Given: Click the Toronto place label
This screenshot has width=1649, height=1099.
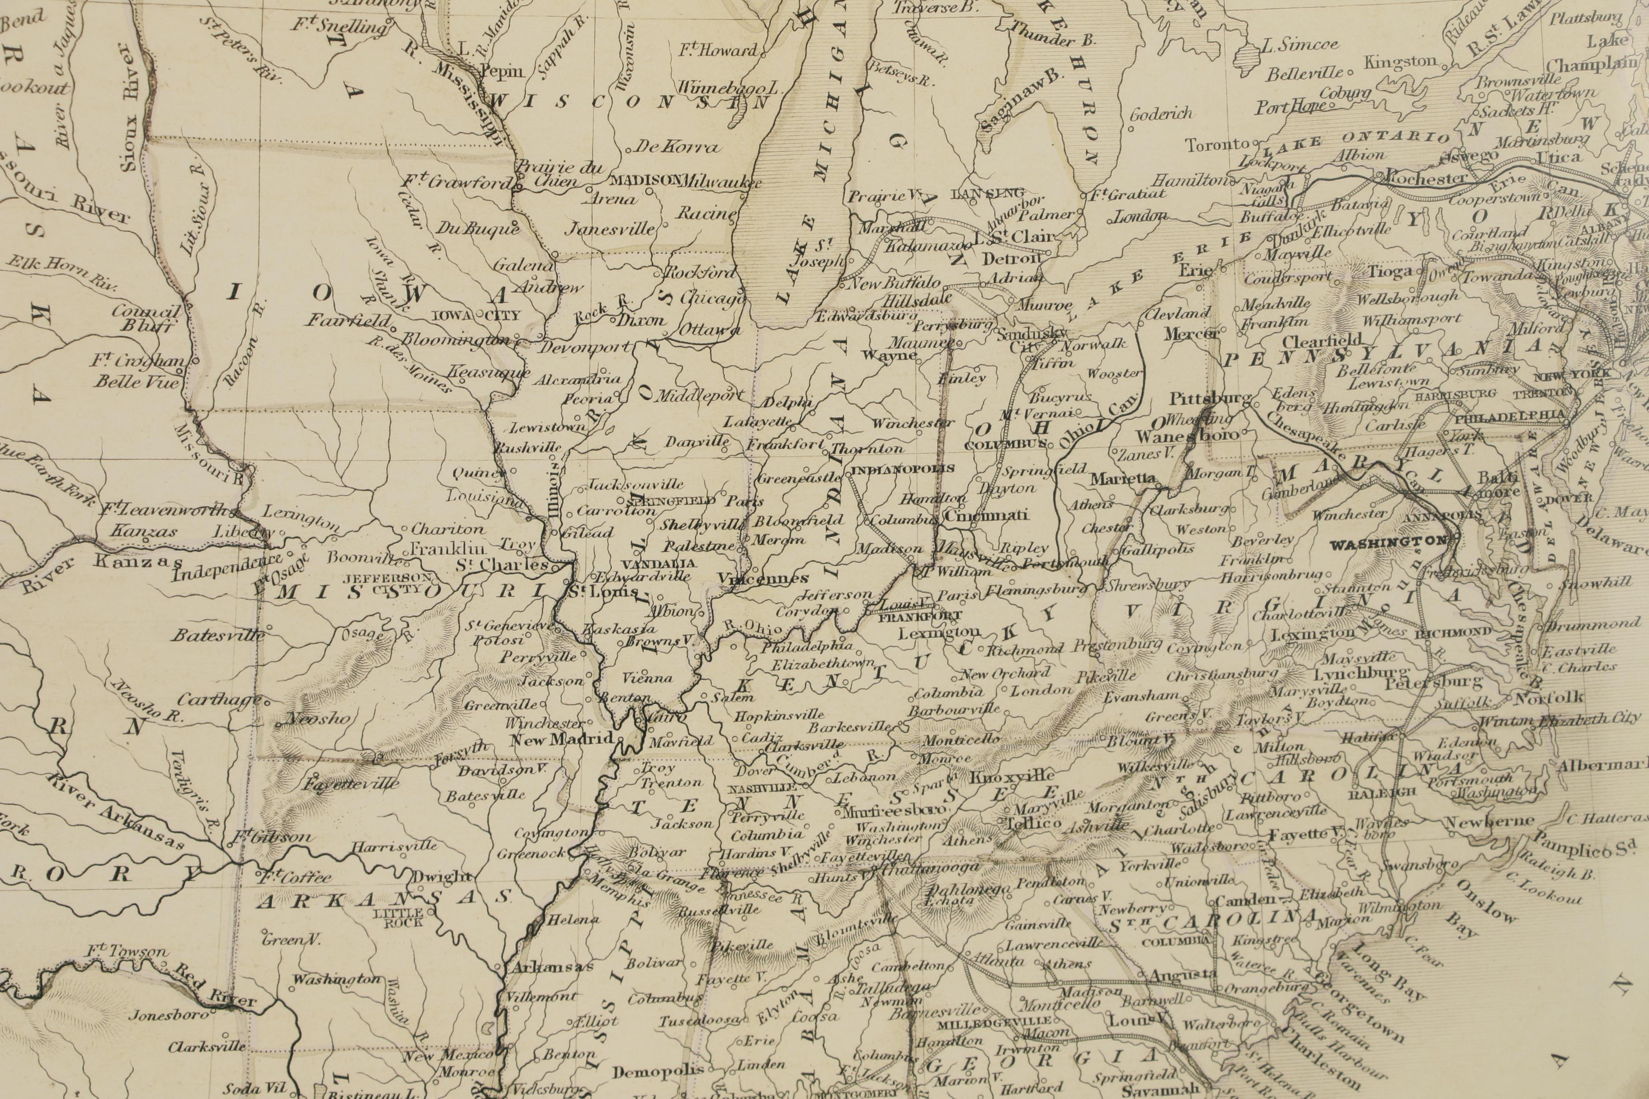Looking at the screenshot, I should click(1217, 145).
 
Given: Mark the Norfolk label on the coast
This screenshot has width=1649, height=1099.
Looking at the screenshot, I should click(1548, 697).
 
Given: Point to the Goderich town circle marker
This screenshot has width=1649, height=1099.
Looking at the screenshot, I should click(1131, 128).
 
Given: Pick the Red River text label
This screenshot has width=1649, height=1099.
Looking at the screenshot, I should click(215, 985).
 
